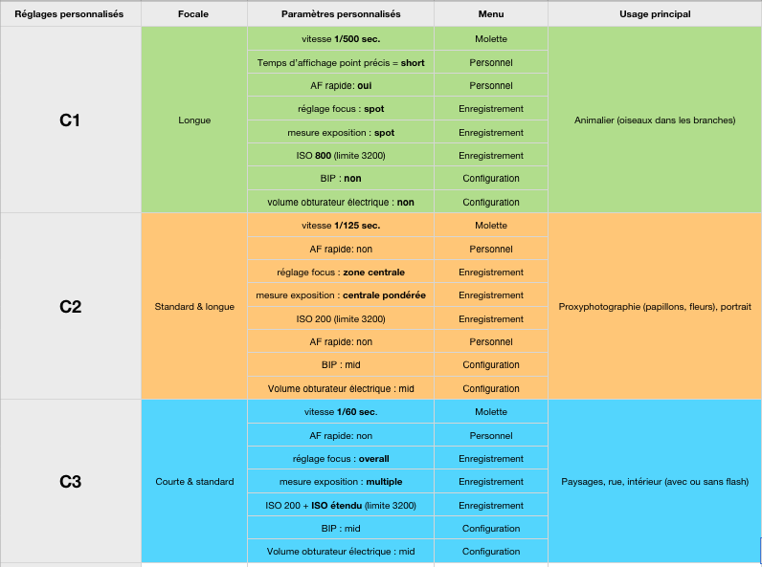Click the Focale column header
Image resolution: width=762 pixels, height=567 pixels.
pos(193,14)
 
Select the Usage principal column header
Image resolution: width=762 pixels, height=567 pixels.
pos(655,14)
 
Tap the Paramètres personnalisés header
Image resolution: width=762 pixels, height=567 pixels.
pos(341,14)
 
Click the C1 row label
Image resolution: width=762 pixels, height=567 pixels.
pos(70,120)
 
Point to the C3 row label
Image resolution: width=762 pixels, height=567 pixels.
pos(70,482)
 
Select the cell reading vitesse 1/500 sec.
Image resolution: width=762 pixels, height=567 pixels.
pos(341,39)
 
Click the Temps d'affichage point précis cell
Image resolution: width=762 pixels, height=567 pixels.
pos(341,62)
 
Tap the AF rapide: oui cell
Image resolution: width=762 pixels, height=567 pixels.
pos(341,85)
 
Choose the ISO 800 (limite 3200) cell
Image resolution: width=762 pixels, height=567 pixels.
pos(341,155)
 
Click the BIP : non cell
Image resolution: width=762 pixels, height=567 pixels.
pos(341,178)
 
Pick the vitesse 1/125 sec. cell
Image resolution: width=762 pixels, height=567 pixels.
pos(341,226)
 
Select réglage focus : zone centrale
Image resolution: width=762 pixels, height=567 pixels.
pos(341,273)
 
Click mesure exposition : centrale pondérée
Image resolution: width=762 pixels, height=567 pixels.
pos(341,295)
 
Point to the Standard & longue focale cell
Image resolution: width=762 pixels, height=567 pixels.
pos(194,306)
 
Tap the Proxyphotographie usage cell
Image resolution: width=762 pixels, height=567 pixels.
pos(655,306)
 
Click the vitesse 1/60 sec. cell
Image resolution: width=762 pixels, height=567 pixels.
pos(341,412)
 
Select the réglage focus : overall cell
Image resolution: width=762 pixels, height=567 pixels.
pos(341,459)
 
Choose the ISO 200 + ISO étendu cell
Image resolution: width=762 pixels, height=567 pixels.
pos(341,506)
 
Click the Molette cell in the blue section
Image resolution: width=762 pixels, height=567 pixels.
pos(491,412)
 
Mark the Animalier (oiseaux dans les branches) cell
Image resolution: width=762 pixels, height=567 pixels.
pos(655,120)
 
